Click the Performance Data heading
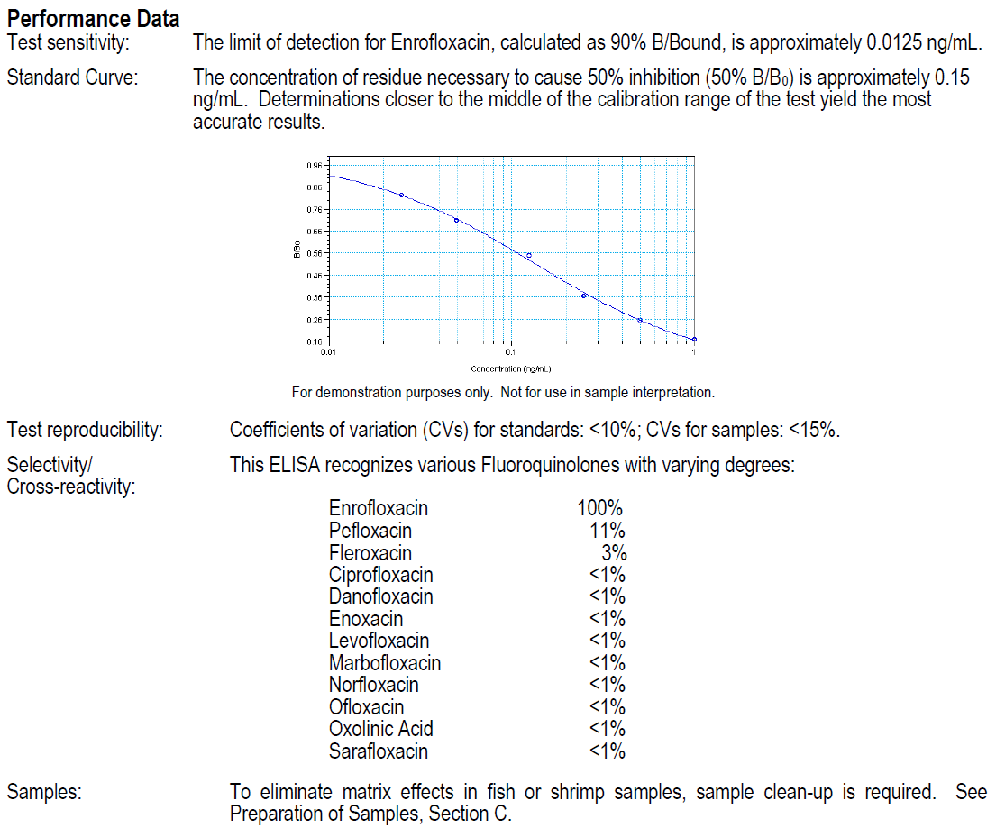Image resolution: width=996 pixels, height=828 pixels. click(x=93, y=18)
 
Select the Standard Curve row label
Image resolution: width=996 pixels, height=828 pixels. click(x=72, y=77)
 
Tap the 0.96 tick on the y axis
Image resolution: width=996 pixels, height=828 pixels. click(x=315, y=165)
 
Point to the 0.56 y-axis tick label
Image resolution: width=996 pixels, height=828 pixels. click(x=315, y=253)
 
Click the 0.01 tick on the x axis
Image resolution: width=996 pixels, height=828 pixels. click(x=329, y=351)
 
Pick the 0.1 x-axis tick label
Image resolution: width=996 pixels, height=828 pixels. click(x=511, y=351)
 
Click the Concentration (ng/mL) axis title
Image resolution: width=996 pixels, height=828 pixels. click(x=511, y=369)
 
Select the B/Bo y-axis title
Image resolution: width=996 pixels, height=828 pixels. click(x=297, y=253)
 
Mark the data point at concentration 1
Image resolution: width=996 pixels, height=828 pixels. click(x=694, y=340)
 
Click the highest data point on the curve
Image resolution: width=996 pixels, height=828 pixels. click(x=401, y=195)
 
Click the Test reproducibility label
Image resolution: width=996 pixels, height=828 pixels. click(x=85, y=430)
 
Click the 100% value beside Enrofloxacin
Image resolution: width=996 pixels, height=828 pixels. click(x=600, y=509)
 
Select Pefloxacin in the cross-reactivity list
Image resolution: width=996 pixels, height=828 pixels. click(x=370, y=531)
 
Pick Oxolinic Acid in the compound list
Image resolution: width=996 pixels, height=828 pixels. click(x=381, y=729)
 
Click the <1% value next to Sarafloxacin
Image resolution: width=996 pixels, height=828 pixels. click(x=607, y=751)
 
